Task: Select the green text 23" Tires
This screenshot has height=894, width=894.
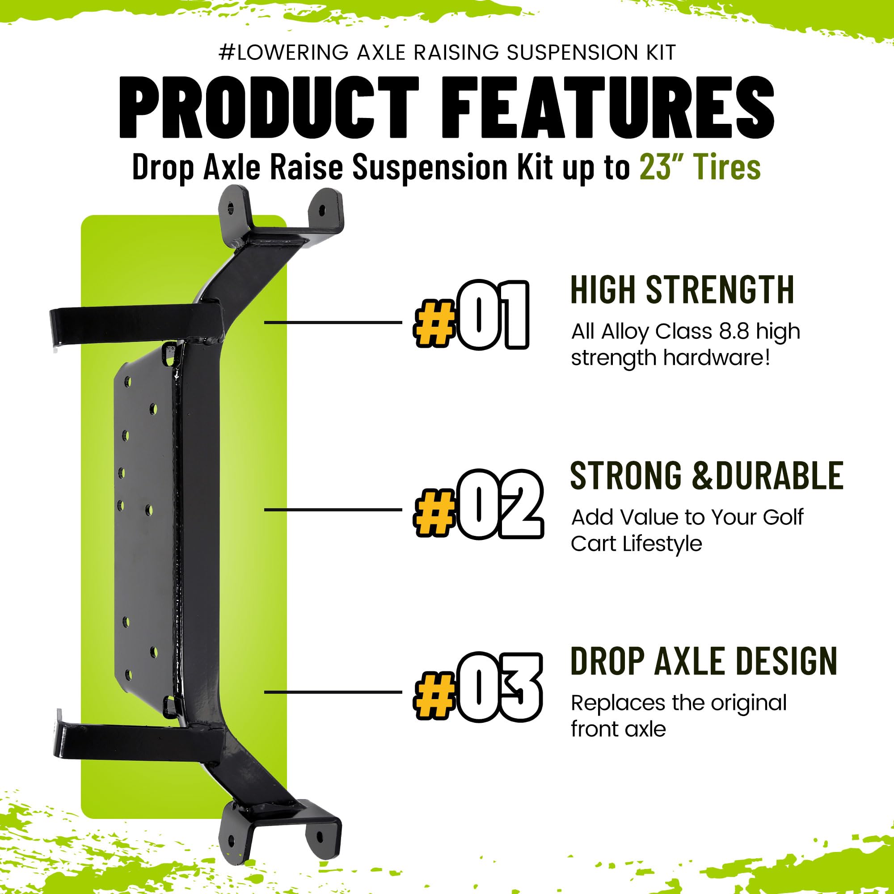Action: click(700, 167)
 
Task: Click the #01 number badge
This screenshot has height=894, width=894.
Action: click(471, 315)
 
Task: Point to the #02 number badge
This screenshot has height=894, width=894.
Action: click(478, 504)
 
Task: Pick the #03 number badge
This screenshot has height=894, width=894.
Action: click(477, 687)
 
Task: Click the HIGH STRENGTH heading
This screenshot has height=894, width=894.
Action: click(682, 290)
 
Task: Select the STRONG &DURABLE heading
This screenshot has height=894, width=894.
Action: click(707, 476)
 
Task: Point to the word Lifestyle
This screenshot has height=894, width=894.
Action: click(662, 544)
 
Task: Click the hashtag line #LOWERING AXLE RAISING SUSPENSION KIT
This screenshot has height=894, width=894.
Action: click(447, 53)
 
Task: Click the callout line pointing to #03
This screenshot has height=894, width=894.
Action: click(333, 692)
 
